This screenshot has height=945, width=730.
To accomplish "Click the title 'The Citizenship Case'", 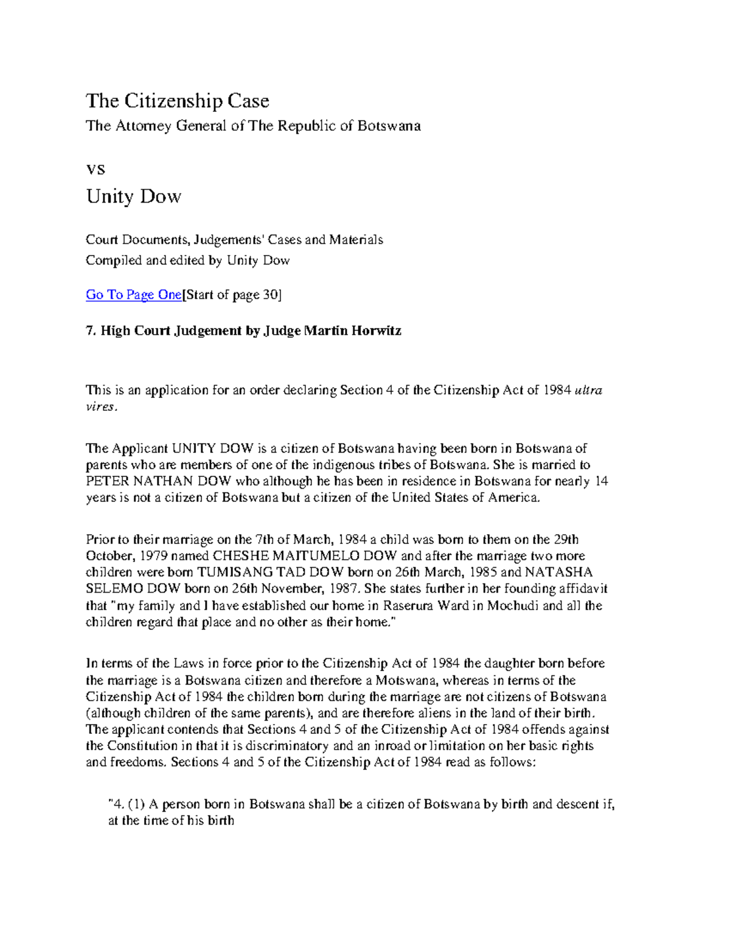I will (x=177, y=100).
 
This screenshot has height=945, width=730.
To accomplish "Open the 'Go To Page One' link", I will (x=133, y=295).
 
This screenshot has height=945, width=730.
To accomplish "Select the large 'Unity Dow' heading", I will (x=133, y=197).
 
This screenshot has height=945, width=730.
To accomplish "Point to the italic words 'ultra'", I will (x=588, y=390).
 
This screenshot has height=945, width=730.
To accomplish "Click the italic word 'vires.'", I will (x=100, y=407).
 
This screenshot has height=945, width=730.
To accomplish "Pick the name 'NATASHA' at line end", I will (x=558, y=573).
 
